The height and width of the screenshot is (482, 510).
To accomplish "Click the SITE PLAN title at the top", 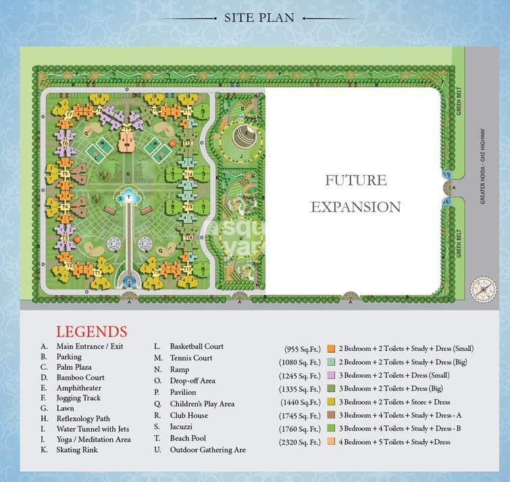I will coord(259,18).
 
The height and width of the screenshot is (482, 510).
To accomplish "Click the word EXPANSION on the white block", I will coord(355,206).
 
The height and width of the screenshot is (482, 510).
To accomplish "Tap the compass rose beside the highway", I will coord(485,287).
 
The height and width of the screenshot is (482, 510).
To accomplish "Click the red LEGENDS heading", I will coord(91,332).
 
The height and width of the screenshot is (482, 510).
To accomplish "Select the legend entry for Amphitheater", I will coord(74,388).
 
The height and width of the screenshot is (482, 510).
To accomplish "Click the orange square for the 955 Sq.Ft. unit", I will coord(330,349).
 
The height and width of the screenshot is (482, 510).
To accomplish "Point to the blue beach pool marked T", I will coord(130,197).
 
